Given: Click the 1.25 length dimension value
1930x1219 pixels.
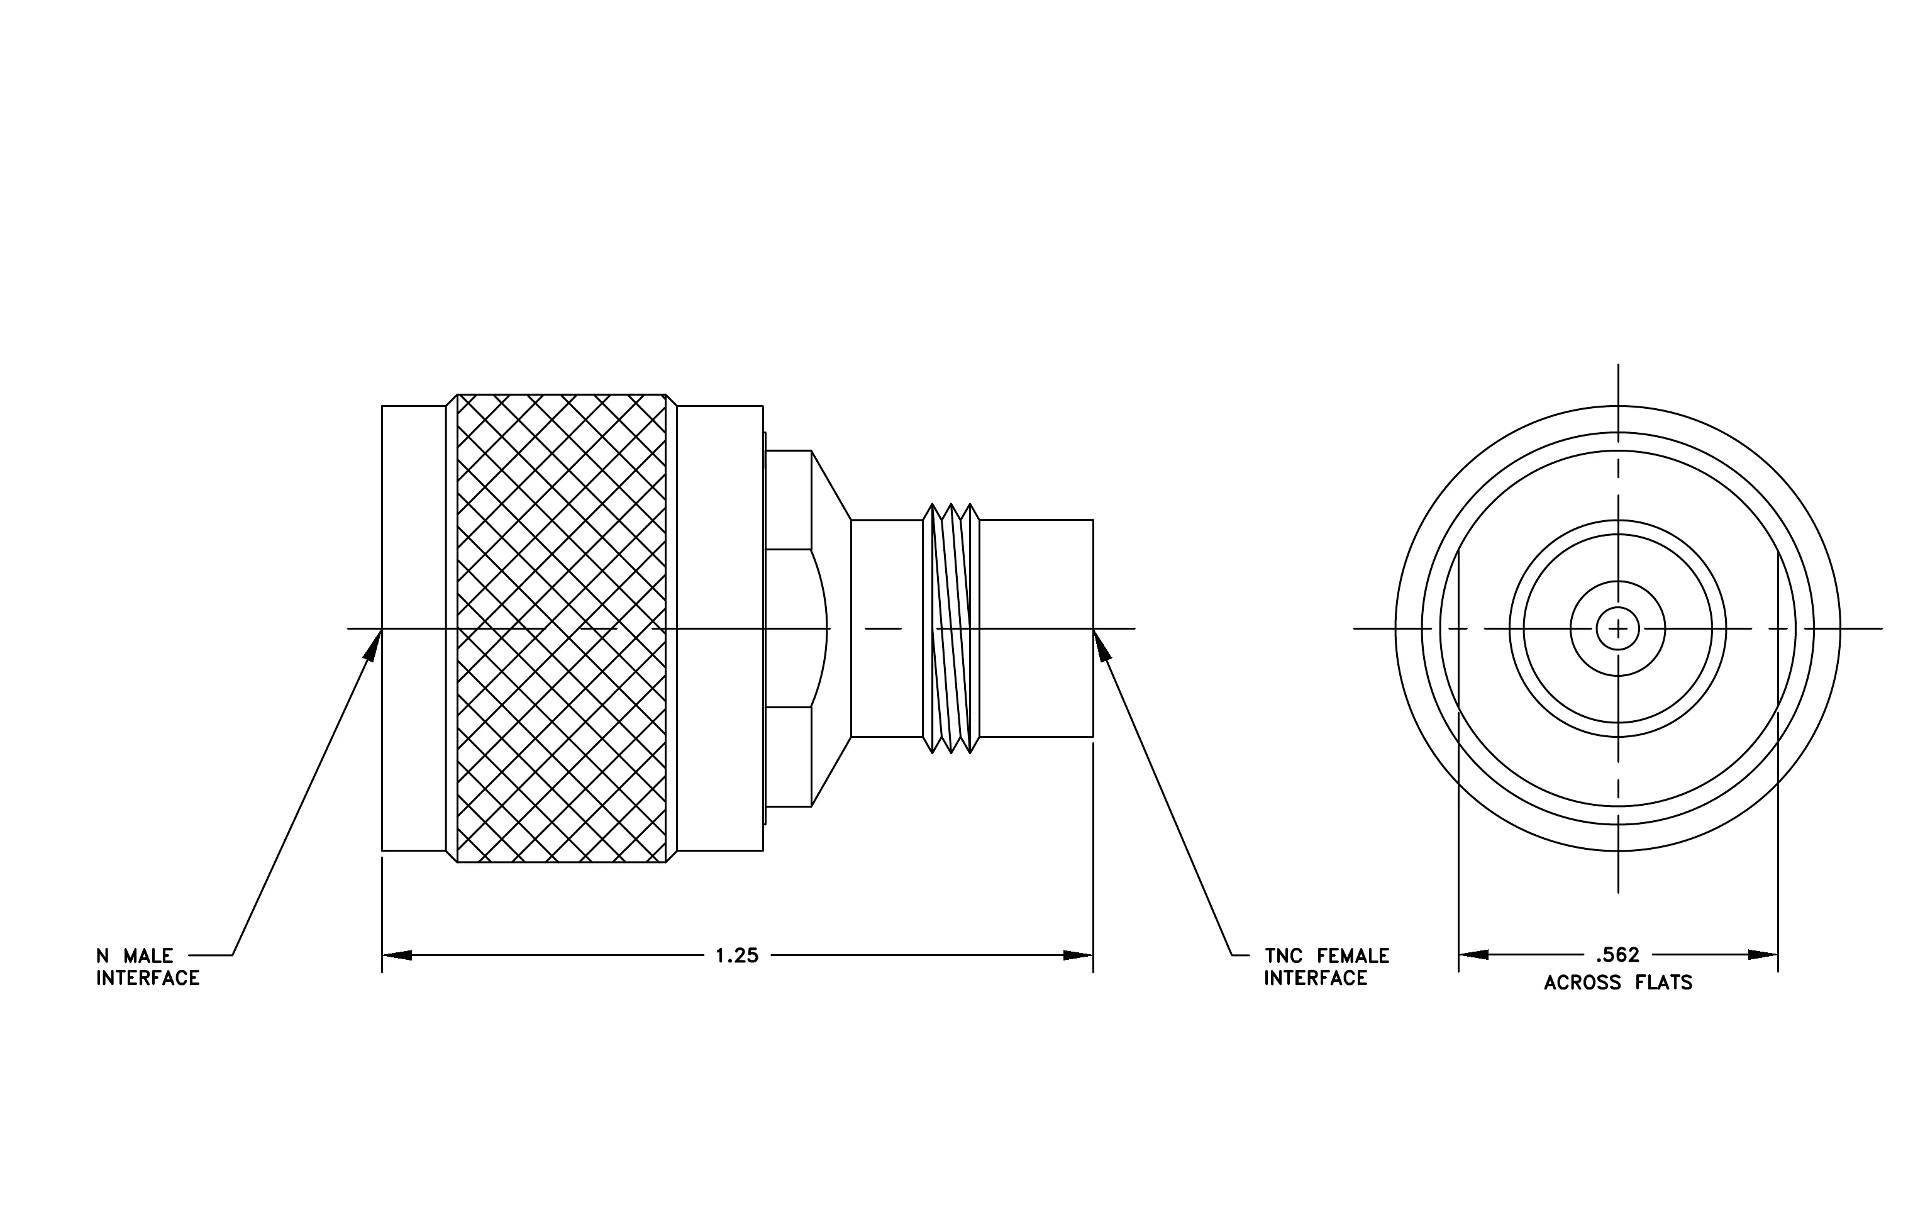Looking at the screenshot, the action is (736, 955).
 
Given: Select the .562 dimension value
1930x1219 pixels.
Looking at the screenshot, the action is (1617, 955).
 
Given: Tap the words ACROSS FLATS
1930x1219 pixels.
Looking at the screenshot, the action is (1618, 982).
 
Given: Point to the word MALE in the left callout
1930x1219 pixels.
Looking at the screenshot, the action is (148, 955).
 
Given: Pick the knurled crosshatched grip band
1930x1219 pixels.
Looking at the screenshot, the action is (561, 628).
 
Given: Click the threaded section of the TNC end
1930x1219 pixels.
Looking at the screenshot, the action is (951, 628).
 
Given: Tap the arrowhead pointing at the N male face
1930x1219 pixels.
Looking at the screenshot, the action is (373, 644).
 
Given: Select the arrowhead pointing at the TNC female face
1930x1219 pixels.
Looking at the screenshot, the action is (1102, 644).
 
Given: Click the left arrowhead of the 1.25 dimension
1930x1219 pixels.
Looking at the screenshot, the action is (397, 955).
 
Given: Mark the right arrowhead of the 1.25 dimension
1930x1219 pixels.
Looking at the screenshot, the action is (1078, 955).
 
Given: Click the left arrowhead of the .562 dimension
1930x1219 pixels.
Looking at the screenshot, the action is (1473, 955).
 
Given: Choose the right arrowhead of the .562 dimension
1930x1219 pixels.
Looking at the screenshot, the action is (1763, 955).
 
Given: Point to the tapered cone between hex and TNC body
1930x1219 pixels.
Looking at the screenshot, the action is (832, 628).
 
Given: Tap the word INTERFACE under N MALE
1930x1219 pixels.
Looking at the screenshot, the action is (148, 979).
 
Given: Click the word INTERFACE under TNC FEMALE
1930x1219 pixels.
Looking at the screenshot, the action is (1316, 979).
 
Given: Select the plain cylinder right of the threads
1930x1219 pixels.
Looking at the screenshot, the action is (1036, 628).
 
